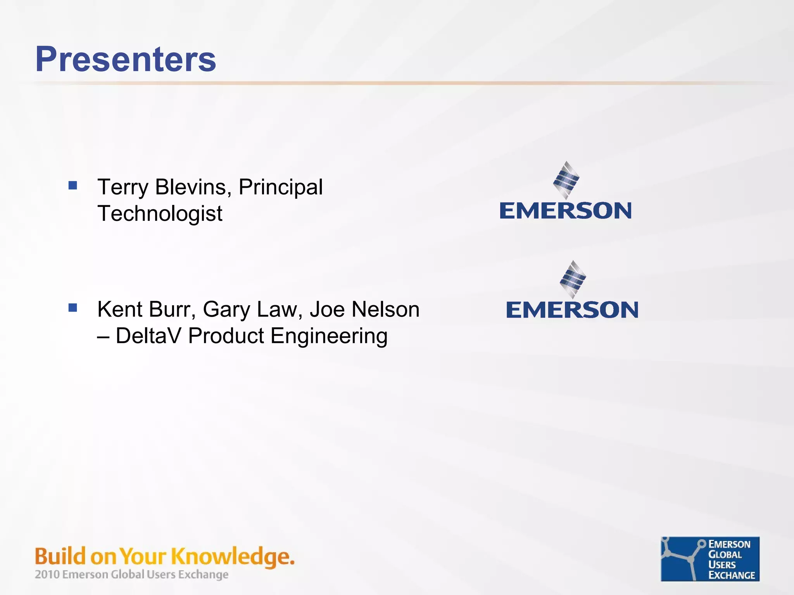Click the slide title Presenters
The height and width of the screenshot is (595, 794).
coord(126,59)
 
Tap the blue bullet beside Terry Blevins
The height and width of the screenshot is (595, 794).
coord(72,186)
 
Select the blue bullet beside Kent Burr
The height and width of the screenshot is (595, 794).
coord(72,308)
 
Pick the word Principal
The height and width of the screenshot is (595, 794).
coord(280,188)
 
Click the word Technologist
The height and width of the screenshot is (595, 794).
coord(160,214)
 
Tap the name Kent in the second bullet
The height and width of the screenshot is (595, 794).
coord(120,309)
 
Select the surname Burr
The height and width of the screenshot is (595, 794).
coord(172,309)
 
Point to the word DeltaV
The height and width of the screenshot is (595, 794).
coord(148,335)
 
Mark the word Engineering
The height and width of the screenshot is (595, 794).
coord(329,336)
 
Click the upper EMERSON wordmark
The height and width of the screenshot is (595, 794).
coord(566,211)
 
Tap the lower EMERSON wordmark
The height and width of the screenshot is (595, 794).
coord(572,310)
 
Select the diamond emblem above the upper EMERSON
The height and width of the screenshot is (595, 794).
coord(566,180)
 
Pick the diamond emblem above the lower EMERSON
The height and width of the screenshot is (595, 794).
coord(573,279)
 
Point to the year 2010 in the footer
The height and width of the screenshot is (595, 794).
coord(47,574)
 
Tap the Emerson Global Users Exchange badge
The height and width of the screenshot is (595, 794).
coord(710,559)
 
